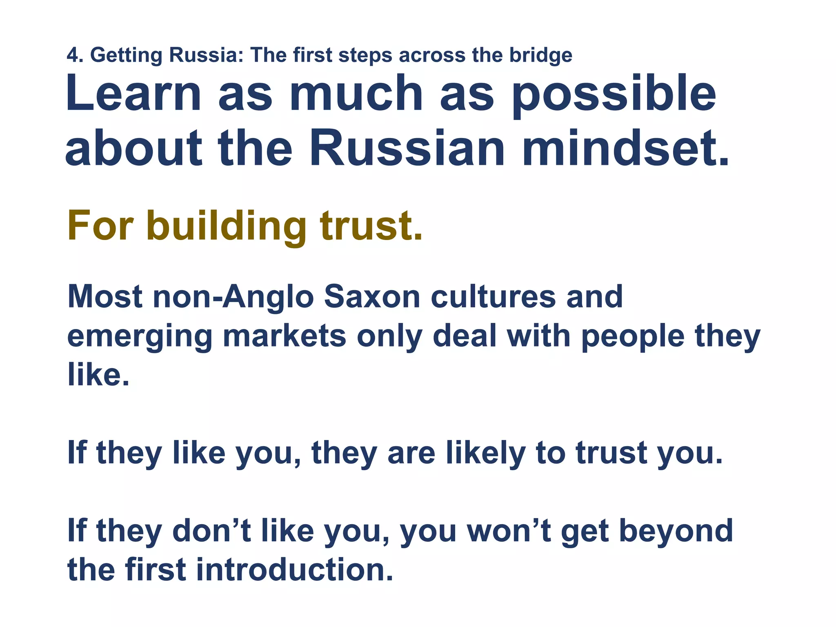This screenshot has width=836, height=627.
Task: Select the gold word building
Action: (x=227, y=227)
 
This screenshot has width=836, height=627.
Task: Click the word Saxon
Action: (x=372, y=297)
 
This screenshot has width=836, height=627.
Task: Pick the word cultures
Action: (x=493, y=297)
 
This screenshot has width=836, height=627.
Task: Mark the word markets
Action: (x=284, y=336)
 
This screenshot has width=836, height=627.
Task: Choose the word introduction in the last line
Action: (x=294, y=570)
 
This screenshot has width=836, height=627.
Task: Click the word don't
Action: (x=212, y=531)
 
